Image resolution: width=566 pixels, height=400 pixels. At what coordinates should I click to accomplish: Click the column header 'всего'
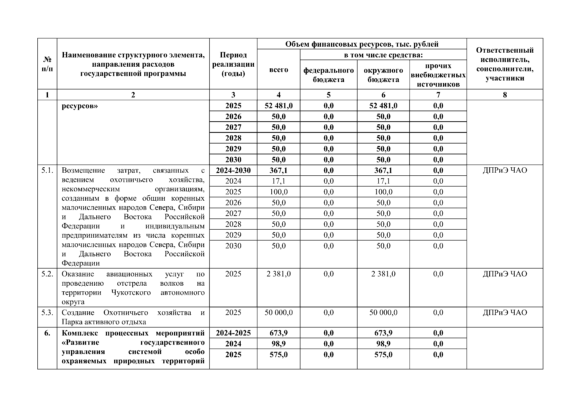(x=278, y=70)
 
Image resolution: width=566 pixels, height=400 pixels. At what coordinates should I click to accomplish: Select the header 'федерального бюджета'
(x=328, y=75)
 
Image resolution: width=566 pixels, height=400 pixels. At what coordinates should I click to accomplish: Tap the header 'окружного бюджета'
(x=383, y=75)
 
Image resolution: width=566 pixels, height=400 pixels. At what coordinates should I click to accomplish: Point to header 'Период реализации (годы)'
(x=233, y=64)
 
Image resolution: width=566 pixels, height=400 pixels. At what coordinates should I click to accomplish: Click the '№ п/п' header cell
(x=47, y=64)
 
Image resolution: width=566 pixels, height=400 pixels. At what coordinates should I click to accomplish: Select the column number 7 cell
(x=438, y=95)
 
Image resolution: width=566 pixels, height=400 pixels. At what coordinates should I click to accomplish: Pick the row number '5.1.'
(x=47, y=170)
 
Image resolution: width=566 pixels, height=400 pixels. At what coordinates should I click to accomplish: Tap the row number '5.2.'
(x=47, y=274)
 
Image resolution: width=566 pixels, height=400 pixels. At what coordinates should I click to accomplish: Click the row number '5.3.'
(x=47, y=313)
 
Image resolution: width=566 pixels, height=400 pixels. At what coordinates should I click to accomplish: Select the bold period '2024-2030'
(x=233, y=170)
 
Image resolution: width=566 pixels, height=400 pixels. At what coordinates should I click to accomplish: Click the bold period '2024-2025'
(x=233, y=333)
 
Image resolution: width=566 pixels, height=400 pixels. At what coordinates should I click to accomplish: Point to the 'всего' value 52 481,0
(x=278, y=106)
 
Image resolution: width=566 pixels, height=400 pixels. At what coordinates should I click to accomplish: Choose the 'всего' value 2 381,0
(x=278, y=274)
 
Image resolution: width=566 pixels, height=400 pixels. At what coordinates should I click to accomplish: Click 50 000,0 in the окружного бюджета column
(x=383, y=313)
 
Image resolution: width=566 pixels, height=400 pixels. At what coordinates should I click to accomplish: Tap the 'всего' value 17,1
(x=278, y=181)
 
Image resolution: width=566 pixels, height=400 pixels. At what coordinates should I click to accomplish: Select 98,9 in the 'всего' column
(x=278, y=344)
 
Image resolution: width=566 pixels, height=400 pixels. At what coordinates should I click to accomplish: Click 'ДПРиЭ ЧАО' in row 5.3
(x=505, y=313)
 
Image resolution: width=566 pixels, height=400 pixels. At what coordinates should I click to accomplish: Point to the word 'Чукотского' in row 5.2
(x=131, y=293)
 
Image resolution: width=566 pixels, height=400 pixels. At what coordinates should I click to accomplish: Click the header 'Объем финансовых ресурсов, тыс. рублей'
(x=362, y=44)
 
